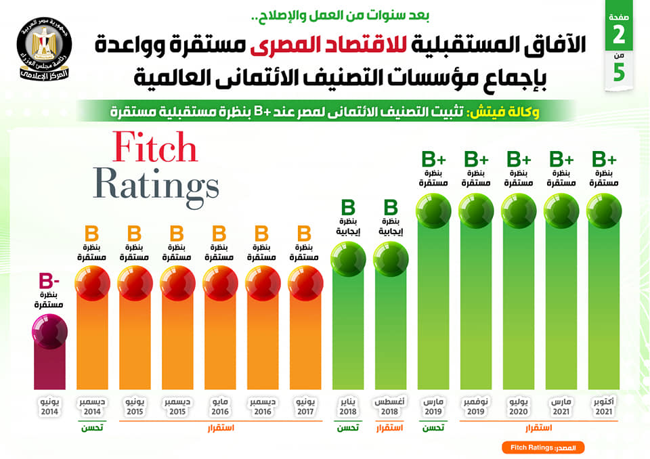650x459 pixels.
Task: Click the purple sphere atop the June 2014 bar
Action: (x=49, y=332)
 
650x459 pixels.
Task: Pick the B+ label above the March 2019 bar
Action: (x=434, y=160)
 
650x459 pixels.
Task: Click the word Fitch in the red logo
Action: (x=154, y=148)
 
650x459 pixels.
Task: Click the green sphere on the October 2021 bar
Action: (x=604, y=211)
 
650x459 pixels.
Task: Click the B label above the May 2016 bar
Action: (x=219, y=234)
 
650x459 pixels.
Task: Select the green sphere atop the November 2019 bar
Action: (x=476, y=211)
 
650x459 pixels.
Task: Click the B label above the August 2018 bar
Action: (x=391, y=207)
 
